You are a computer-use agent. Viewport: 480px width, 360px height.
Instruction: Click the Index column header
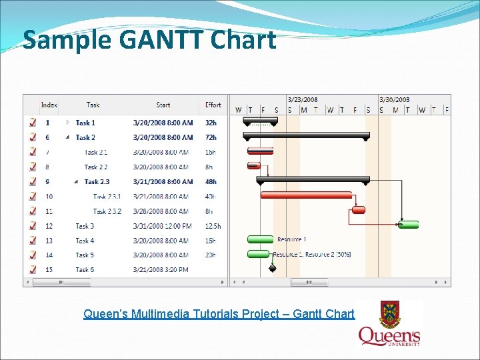point(49,105)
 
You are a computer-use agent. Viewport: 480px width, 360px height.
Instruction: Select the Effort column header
point(213,105)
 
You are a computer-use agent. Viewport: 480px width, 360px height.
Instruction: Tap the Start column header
point(163,105)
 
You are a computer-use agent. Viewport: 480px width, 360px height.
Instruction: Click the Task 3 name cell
point(85,226)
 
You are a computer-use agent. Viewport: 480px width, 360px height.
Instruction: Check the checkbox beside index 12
point(33,226)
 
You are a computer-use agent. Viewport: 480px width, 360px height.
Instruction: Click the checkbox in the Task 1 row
point(33,123)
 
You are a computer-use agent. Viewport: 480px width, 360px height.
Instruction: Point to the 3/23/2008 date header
point(303,100)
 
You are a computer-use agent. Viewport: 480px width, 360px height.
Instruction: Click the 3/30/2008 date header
point(394,100)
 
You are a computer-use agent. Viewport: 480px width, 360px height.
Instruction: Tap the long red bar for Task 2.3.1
point(306,195)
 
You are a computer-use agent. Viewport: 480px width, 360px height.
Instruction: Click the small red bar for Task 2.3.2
point(358,210)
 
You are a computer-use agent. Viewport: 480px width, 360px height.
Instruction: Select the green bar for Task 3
point(409,225)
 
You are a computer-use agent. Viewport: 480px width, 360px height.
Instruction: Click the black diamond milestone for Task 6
point(272,269)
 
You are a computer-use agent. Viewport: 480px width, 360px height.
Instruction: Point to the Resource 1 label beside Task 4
point(291,239)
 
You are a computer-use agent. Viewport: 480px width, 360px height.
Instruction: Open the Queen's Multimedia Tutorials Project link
point(219,313)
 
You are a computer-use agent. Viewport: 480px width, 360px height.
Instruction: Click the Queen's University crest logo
point(390,323)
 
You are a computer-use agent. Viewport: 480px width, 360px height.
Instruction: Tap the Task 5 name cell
point(85,255)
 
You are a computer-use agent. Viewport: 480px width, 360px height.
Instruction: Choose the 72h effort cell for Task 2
point(211,137)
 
